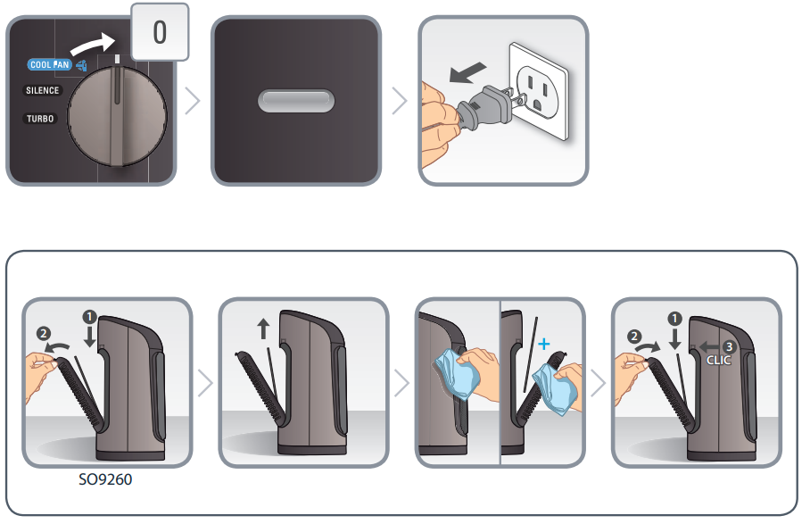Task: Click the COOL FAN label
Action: [49, 64]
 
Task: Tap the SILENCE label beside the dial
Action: [42, 90]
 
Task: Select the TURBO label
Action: [40, 119]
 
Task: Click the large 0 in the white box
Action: [160, 32]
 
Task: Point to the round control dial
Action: [117, 116]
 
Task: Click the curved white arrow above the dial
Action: [93, 44]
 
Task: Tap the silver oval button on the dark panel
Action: [296, 101]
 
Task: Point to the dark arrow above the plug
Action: [467, 72]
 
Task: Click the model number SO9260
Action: [105, 479]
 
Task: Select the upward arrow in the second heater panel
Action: [263, 329]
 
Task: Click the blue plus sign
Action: [544, 344]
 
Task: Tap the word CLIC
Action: [719, 360]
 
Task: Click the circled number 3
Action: [729, 346]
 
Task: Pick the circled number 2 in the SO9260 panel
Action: [44, 333]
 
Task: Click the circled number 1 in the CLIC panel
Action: [674, 319]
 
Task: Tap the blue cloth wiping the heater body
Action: [457, 375]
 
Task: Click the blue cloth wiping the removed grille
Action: [555, 388]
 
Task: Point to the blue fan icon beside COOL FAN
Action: [81, 65]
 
